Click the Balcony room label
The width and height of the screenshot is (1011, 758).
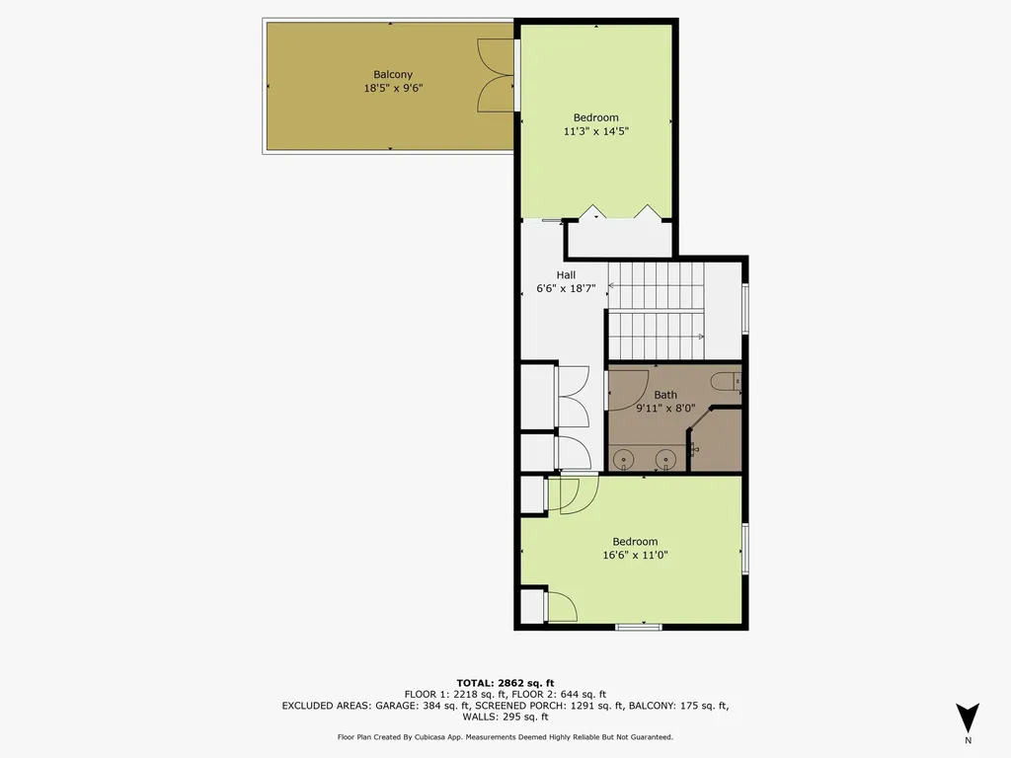[x=392, y=75]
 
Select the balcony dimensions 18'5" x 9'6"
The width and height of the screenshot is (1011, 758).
[x=392, y=88]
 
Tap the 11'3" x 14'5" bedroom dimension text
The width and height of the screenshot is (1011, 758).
[x=595, y=130]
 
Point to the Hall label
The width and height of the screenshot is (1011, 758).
[x=566, y=275]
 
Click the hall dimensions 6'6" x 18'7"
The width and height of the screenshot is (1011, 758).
[x=566, y=289]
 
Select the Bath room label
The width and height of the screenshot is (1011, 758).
[x=665, y=395]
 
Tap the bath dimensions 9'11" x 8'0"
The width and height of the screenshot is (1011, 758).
[x=665, y=408]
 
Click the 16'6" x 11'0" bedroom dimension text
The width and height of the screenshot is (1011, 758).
[x=635, y=555]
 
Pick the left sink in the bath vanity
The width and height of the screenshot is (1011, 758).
[x=624, y=459]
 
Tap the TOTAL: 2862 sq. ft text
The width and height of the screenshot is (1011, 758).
[x=505, y=683]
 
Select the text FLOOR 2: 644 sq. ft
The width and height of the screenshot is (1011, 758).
[x=560, y=694]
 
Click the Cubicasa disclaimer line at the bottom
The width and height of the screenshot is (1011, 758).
[x=505, y=737]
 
